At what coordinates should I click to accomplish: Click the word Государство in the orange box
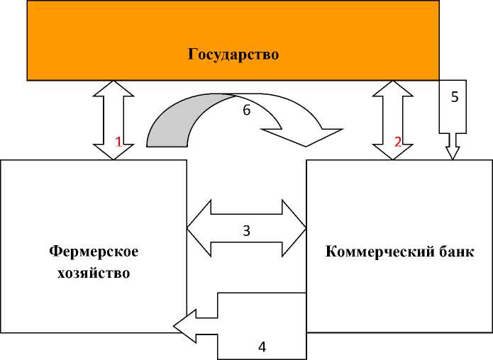coord(233,54)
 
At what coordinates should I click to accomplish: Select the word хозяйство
coord(94,273)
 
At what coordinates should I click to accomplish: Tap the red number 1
coord(119,141)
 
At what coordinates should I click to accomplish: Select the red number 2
coord(398,141)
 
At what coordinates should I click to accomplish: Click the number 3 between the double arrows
coord(246,230)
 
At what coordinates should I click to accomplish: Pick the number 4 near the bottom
coord(262,347)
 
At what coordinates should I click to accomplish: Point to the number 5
coord(455,97)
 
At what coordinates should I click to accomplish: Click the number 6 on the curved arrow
coord(245,111)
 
